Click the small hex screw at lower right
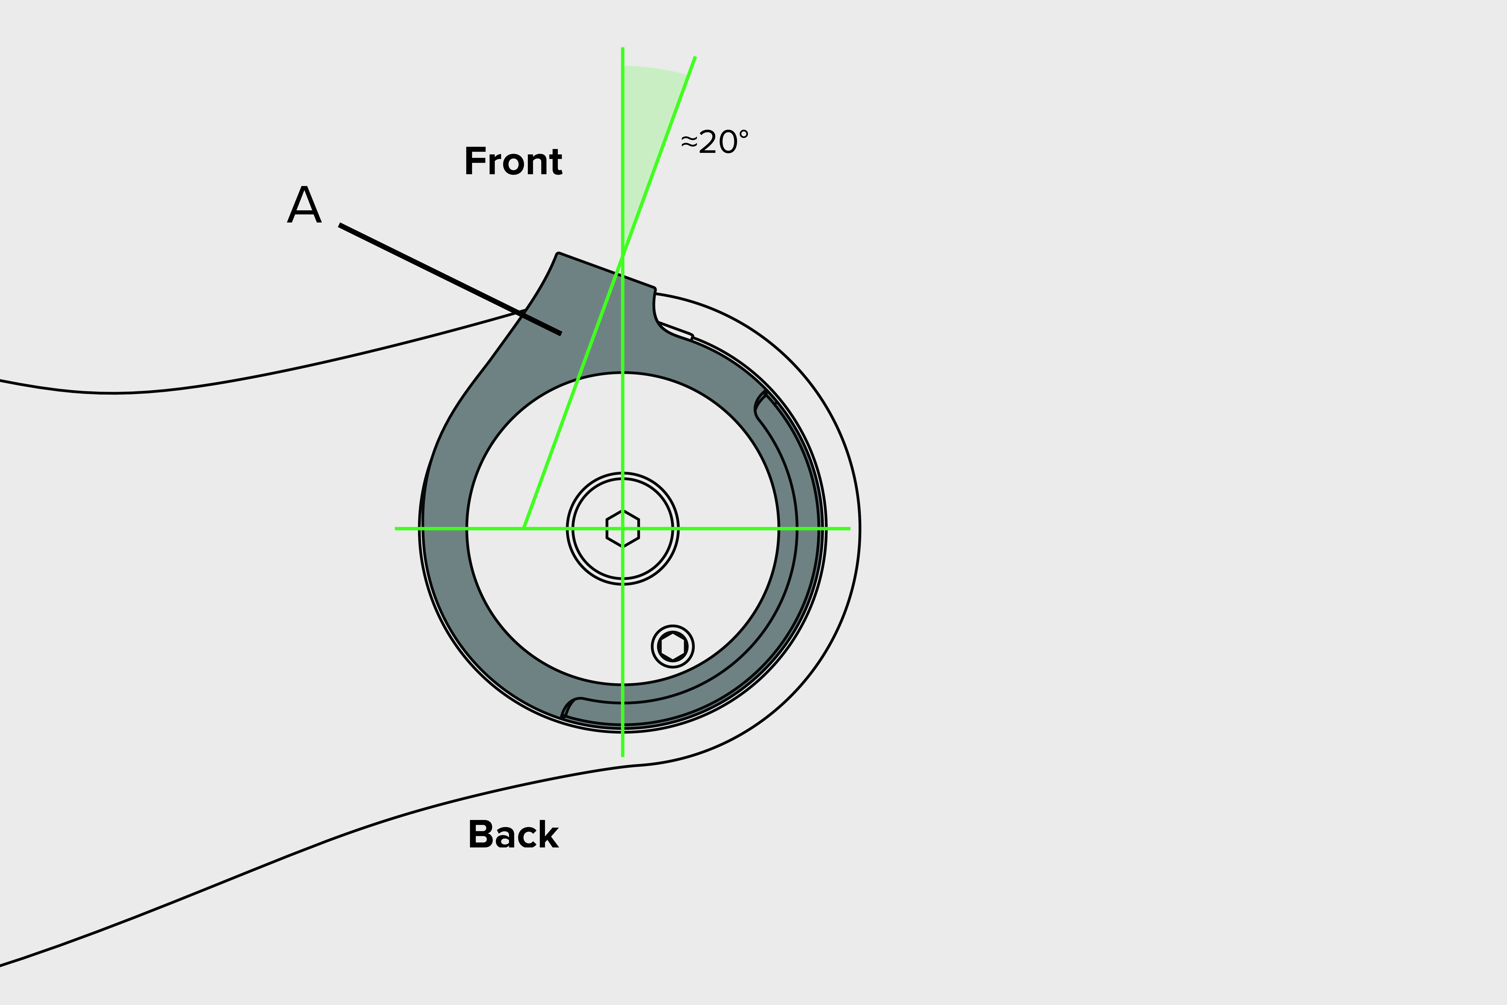(x=672, y=646)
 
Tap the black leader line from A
(x=449, y=279)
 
